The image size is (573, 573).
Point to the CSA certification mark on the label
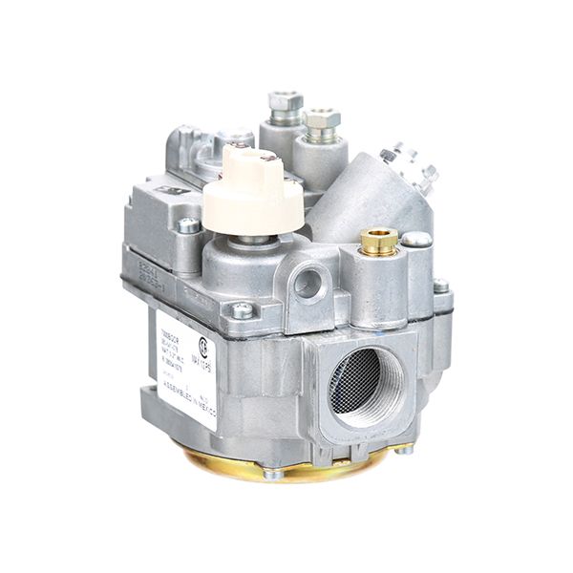click(x=203, y=343)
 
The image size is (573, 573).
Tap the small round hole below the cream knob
click(x=308, y=282)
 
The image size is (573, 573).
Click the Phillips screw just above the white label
click(x=243, y=309)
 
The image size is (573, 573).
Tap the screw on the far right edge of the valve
click(x=440, y=286)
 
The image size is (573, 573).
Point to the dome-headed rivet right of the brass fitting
click(x=416, y=240)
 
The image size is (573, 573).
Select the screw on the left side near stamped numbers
click(x=189, y=226)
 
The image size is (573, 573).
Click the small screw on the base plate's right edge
click(x=405, y=450)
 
